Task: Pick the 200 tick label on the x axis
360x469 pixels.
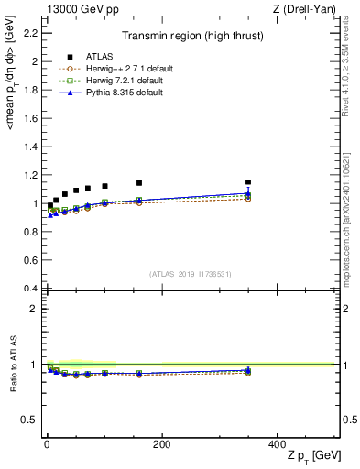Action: [x=161, y=444]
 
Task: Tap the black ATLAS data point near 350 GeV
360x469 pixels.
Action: [x=247, y=181]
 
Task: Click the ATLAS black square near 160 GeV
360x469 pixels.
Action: [x=139, y=183]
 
